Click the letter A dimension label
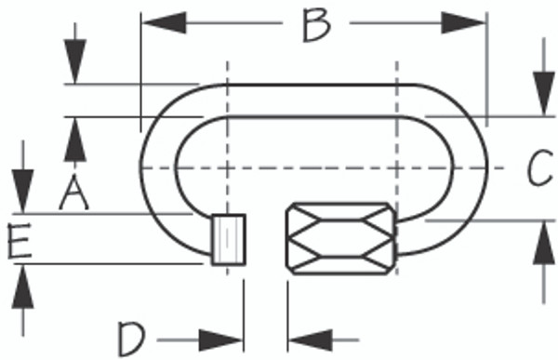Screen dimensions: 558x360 pos(74,193)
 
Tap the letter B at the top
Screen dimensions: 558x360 pos(316,25)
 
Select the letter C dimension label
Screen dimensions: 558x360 pos(539,169)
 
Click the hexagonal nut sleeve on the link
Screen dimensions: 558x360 pos(340,239)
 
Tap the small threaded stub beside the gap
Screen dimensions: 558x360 pos(228,240)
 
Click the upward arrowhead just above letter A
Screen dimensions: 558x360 pos(74,135)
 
